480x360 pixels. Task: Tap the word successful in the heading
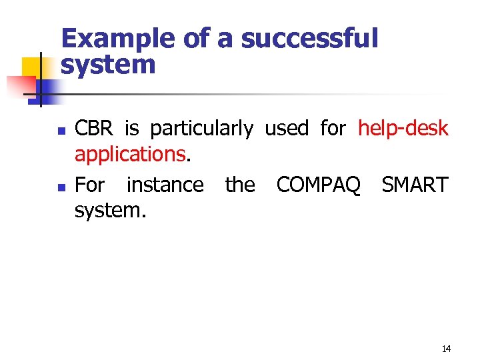[309, 39]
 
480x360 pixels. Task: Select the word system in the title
[107, 65]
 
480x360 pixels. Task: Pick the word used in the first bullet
[287, 128]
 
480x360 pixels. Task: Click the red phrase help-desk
[403, 128]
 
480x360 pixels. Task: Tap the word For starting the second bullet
[89, 184]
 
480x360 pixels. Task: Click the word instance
[165, 184]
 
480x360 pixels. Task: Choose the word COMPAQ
[318, 184]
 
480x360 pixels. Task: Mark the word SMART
[415, 184]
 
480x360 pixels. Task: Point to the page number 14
[446, 349]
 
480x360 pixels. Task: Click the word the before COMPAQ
[240, 184]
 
